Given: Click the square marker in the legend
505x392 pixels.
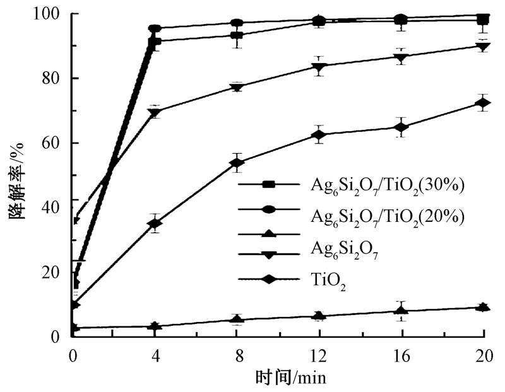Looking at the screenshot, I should pos(268,184).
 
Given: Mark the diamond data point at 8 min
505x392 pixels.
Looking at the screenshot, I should pos(237,163).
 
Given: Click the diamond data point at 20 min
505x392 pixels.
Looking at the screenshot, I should pos(483,103).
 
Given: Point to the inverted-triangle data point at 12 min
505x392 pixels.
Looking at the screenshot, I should pos(319,66).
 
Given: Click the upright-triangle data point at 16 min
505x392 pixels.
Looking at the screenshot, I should pos(401,310).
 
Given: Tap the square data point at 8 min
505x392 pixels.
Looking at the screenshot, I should pos(237,35).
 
